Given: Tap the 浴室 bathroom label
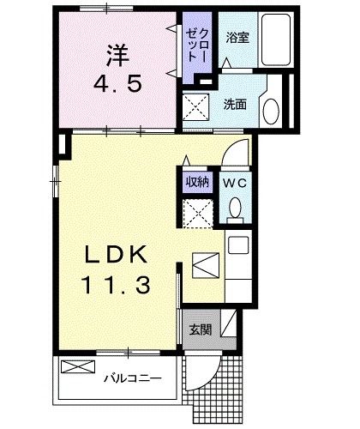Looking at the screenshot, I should tap(237, 38).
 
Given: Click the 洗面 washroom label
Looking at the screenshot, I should tap(236, 105).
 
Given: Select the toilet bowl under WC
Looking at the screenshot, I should tap(234, 208).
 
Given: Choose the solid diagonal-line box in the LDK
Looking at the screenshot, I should tap(206, 265).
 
